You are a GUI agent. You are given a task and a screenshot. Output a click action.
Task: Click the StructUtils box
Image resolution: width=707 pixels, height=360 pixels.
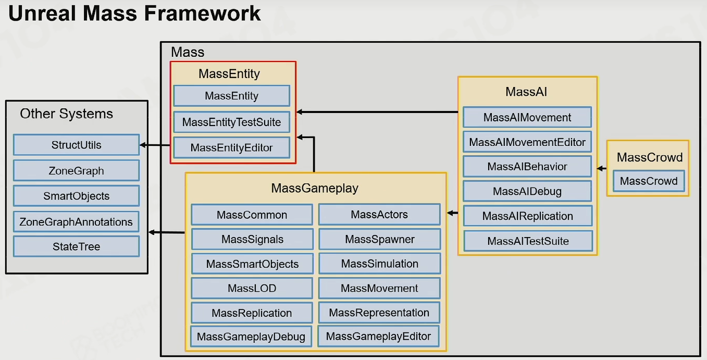77,145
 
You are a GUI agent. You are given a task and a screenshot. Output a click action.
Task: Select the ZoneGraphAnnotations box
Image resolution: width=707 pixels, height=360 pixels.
77,222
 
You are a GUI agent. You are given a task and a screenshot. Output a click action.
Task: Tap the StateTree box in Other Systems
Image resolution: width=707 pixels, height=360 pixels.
77,246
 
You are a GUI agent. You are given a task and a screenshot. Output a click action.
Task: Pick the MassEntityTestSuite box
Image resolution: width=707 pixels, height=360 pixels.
232,122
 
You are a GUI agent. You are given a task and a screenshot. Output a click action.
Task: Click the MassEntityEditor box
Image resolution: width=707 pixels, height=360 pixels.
232,147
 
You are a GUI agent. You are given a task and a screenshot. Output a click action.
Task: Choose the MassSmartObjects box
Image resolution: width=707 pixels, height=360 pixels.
252,264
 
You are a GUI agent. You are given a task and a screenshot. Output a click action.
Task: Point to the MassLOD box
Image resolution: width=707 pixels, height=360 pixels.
252,288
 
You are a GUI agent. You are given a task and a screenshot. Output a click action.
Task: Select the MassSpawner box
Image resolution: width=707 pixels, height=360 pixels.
379,239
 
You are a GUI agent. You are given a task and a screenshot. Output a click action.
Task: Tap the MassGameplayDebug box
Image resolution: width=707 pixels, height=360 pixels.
251,337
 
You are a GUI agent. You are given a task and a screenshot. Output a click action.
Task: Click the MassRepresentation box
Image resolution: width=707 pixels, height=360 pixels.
379,313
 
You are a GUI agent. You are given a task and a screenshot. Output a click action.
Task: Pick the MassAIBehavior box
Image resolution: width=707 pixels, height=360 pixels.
527,166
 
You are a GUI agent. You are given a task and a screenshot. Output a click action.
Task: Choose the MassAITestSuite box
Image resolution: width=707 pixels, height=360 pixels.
528,241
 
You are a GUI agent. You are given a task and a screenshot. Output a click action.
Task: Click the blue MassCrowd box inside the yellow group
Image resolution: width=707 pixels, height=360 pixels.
649,181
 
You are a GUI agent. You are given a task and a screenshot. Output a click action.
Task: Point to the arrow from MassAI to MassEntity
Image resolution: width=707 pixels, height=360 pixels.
377,112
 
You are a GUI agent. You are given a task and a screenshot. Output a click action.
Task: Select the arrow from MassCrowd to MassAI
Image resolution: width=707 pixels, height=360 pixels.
602,168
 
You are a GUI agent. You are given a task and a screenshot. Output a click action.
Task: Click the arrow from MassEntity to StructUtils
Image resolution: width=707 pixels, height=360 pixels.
155,145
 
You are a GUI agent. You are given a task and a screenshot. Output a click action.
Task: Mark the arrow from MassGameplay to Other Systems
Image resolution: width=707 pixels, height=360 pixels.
167,232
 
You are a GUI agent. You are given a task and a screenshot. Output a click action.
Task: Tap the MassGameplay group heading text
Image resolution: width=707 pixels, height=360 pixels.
315,188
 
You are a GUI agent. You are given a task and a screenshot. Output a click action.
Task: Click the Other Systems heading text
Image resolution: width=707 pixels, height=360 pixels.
66,114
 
